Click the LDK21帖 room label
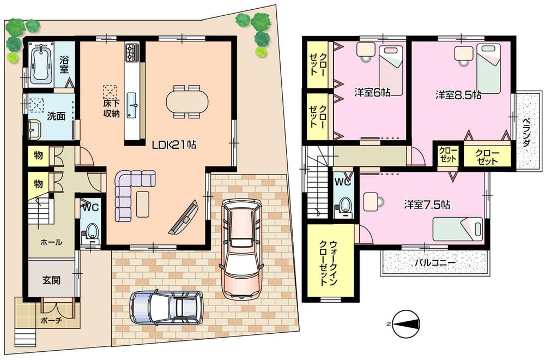(174, 145)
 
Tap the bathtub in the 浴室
(41, 64)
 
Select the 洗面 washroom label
(56, 116)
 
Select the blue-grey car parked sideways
(166, 309)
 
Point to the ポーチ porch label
(51, 320)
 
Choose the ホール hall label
(51, 242)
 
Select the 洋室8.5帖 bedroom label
(458, 94)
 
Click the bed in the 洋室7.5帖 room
(458, 229)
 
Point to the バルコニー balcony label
(435, 263)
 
